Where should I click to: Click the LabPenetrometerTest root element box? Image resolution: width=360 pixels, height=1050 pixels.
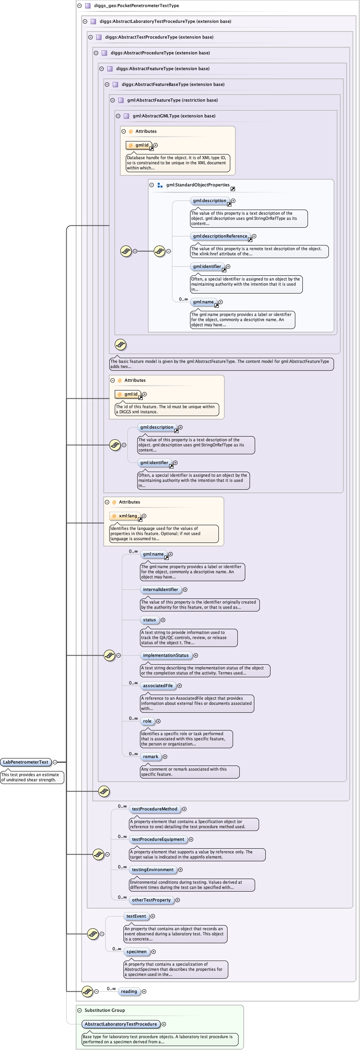[x=25, y=762]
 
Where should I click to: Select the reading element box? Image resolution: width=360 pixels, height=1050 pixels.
[x=129, y=991]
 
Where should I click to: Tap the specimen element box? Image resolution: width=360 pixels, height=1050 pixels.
[x=136, y=952]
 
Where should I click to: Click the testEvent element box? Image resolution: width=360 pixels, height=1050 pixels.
[x=136, y=916]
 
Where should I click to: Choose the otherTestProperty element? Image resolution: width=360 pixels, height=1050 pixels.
[x=151, y=899]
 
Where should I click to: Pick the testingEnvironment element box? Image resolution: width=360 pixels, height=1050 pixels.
[x=153, y=870]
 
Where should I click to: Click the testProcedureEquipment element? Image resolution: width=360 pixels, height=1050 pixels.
[x=158, y=839]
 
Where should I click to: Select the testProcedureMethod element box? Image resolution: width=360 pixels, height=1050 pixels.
[x=155, y=809]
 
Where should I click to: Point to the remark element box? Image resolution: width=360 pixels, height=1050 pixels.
[x=151, y=756]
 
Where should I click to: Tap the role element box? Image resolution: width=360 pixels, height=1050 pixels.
[x=147, y=721]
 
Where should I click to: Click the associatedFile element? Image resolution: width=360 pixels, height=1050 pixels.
[x=158, y=686]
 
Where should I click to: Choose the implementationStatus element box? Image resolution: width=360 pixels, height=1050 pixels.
[x=166, y=656]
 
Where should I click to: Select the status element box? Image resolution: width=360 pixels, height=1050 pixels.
[x=149, y=620]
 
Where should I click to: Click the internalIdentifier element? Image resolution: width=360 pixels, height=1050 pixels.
[x=160, y=589]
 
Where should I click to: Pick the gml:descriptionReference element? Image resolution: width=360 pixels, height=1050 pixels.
[x=220, y=236]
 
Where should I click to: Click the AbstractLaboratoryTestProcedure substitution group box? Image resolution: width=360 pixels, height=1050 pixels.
[x=121, y=1024]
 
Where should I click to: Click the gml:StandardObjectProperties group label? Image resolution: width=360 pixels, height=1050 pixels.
[x=198, y=185]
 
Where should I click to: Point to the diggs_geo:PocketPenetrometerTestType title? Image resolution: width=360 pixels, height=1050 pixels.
[x=136, y=6]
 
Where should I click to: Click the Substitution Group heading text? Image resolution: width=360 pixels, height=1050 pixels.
[x=104, y=1010]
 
